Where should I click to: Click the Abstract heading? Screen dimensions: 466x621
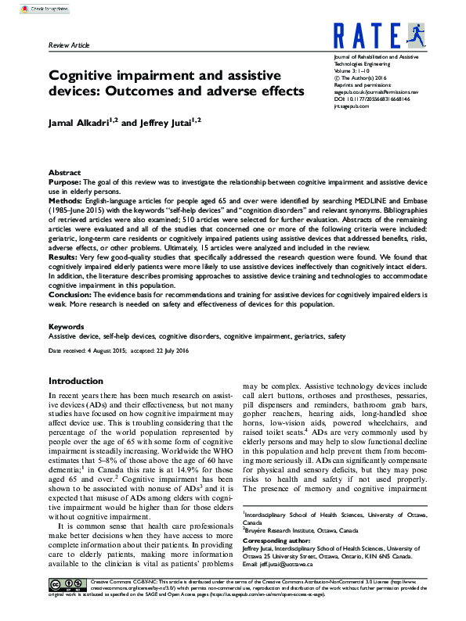point(64,172)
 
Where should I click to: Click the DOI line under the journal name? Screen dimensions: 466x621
point(374,100)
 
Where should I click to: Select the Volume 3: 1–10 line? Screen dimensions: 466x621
point(356,72)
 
